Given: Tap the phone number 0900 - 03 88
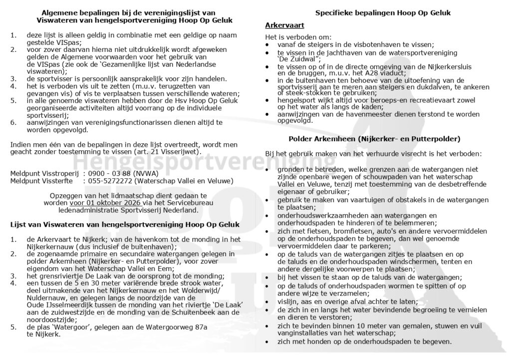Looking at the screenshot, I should (109, 173).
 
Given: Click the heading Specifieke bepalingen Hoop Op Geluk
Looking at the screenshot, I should (383, 13).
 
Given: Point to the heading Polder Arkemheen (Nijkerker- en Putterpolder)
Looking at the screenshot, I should (374, 138).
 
